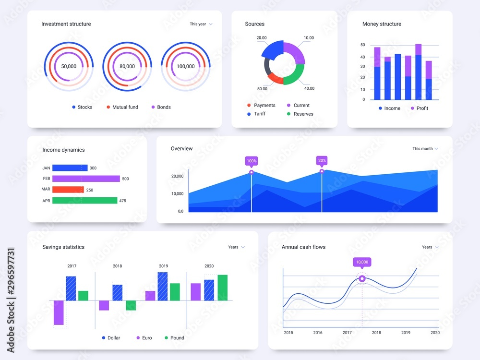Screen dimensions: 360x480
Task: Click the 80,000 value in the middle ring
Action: tap(127, 66)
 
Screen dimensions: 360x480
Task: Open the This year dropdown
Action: tap(201, 24)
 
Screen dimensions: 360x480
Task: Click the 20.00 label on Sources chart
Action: tap(262, 37)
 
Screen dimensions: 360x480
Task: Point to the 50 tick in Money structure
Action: tap(362, 45)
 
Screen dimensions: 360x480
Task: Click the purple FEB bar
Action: tap(86, 179)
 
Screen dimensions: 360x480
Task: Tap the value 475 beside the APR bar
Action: tap(122, 201)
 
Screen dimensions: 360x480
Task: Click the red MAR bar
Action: tap(68, 190)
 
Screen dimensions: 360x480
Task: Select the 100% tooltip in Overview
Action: tap(251, 161)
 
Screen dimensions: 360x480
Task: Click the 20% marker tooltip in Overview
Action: tap(322, 161)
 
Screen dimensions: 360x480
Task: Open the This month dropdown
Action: tap(425, 149)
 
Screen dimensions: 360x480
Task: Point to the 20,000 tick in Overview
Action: tap(177, 176)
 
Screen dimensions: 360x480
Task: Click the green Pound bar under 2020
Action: tap(222, 288)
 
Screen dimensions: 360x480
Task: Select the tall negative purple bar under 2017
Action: tap(59, 312)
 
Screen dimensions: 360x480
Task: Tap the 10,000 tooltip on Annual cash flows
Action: tap(362, 262)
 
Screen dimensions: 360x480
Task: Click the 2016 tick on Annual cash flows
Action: tap(318, 332)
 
